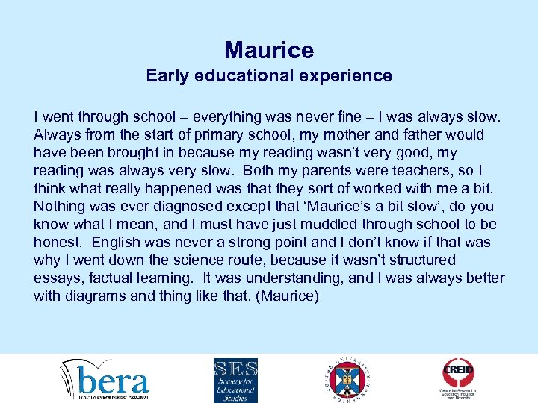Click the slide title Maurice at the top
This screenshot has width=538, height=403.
(x=269, y=50)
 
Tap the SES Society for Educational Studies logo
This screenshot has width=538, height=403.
(x=235, y=380)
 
